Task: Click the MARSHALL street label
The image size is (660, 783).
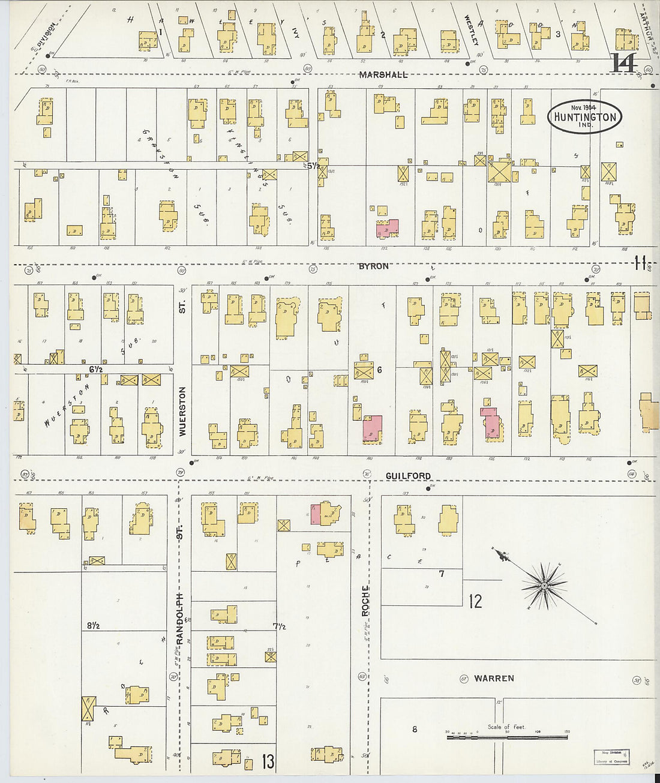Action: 383,75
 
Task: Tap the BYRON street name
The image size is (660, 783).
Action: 373,266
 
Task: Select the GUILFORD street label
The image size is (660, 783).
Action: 408,476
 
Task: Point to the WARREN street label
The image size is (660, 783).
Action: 494,679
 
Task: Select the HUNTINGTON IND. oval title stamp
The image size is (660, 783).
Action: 584,116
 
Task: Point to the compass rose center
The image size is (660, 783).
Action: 544,586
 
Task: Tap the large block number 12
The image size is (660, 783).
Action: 475,601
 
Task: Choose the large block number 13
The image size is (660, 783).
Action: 268,763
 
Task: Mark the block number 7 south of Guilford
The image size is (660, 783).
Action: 441,574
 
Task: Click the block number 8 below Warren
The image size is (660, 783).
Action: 414,730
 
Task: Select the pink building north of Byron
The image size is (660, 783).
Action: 387,229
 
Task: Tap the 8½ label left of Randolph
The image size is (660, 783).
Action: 92,625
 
